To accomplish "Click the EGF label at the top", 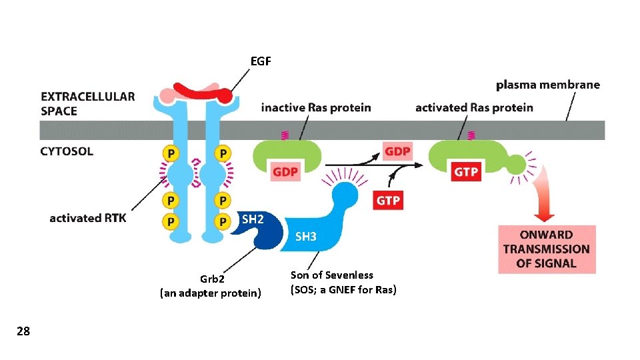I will coord(261,61).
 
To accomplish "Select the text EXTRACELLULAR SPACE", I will coord(87,103).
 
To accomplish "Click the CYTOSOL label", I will coord(67,151).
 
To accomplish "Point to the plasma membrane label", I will coord(547,85).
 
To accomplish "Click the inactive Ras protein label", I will coord(316,107).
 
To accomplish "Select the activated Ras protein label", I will coord(473,107).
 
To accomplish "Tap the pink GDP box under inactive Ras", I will coord(285,171).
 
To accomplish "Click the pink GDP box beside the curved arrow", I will coord(397,151).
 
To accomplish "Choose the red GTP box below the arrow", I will coord(389,199).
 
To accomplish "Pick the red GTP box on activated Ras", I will coord(465,171).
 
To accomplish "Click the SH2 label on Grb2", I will coord(253,219).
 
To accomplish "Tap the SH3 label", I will coord(305,237).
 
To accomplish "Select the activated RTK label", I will coord(87,218).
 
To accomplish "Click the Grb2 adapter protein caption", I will coord(211,286).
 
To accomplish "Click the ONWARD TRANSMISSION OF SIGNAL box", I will coord(546,249).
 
